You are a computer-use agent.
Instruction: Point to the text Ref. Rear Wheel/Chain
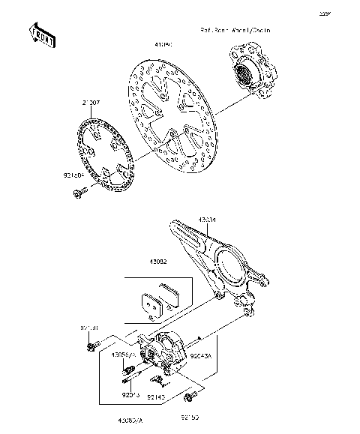tap(235, 31)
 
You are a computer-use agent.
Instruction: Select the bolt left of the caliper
tap(91, 346)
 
